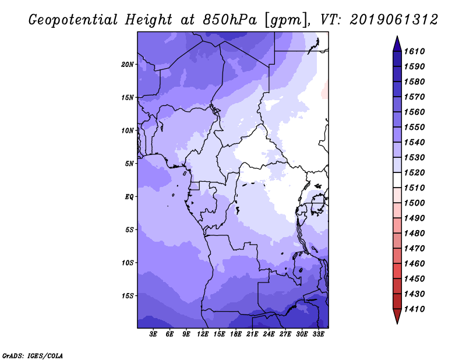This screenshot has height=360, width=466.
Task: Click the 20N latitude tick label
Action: [x=128, y=64]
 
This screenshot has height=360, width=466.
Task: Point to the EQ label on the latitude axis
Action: [x=129, y=197]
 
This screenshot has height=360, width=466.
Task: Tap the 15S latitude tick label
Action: [x=128, y=296]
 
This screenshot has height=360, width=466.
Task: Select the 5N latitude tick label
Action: [x=129, y=164]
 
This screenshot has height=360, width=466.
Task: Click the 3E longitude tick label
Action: [x=153, y=334]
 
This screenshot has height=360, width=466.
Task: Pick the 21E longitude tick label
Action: [x=252, y=334]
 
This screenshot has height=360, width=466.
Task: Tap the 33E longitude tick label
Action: [x=318, y=334]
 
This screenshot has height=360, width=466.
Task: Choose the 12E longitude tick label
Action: [x=203, y=334]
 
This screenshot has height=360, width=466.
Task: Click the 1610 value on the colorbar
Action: [x=414, y=51]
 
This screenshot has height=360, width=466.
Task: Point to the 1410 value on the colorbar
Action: [x=414, y=309]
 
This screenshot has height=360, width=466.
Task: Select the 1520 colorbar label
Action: [x=414, y=172]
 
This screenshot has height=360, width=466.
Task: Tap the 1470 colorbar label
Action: [x=414, y=249]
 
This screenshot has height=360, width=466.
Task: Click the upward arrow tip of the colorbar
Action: [x=397, y=36]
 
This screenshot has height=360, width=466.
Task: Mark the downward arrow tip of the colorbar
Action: [x=397, y=324]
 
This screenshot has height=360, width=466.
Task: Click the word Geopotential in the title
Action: [x=73, y=20]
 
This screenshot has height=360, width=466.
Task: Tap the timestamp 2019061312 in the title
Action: [x=394, y=20]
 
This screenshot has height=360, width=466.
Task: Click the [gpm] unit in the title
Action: [x=285, y=20]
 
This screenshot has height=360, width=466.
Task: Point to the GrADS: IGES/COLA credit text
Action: [x=33, y=355]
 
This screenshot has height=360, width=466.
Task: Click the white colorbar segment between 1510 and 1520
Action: [x=397, y=180]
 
